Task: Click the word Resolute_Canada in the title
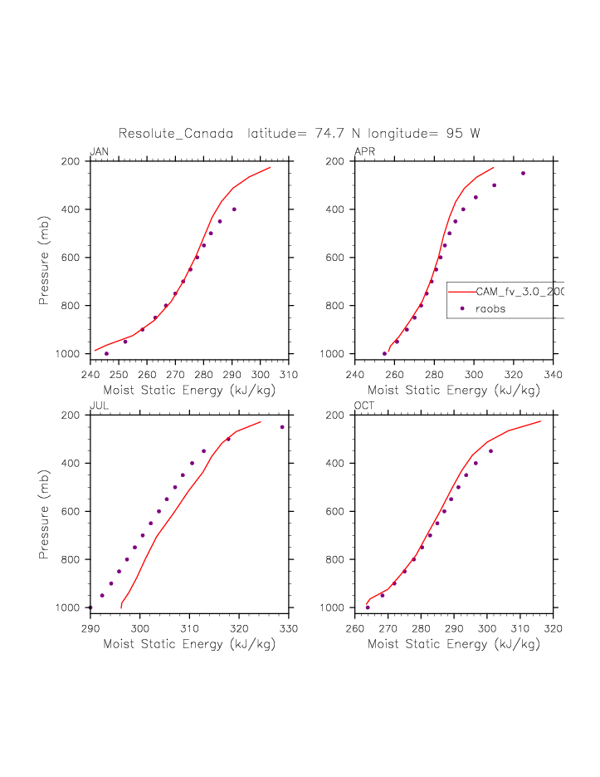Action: tap(175, 133)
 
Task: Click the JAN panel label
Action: tap(99, 151)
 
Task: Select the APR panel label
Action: tap(364, 151)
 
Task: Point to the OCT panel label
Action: tap(365, 406)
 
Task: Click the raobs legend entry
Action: tap(490, 308)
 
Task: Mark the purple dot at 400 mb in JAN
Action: tap(234, 209)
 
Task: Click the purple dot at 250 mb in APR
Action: tap(523, 173)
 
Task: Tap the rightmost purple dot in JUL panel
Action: tap(282, 427)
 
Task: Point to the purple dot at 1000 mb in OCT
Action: tap(368, 607)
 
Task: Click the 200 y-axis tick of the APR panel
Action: tap(341, 161)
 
